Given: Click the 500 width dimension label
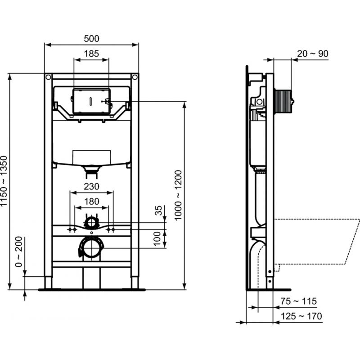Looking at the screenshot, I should (91, 39).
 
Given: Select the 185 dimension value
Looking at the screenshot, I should (91, 54).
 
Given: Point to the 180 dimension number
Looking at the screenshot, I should (91, 202).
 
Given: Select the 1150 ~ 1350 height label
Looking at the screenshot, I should (4, 181).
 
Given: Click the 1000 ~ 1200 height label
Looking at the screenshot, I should (178, 194).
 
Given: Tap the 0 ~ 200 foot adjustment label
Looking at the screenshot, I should (18, 252).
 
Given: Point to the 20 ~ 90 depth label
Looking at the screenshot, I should (312, 54).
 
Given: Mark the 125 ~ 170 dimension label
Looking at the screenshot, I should (301, 316).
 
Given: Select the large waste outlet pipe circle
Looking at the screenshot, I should (91, 247).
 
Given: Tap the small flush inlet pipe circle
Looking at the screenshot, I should (91, 221).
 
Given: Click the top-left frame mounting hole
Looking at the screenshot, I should (48, 77).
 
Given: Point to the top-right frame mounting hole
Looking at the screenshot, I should (135, 77).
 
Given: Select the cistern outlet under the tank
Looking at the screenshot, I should (91, 169).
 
